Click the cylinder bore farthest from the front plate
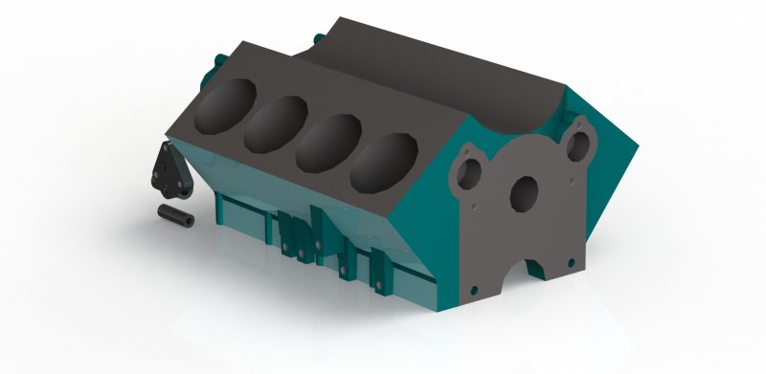coord(226,105)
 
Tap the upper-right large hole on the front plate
coord(578,143)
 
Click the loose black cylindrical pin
coord(176,215)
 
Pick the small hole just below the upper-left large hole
coord(472,202)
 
